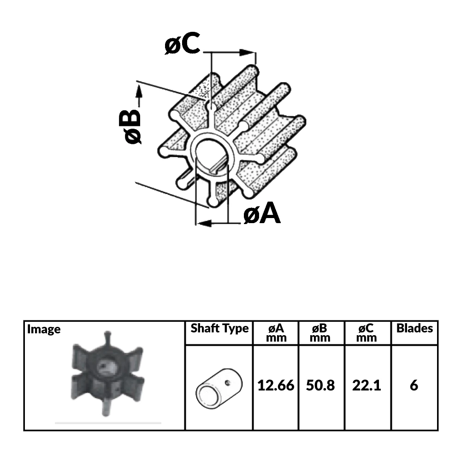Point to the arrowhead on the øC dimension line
pyautogui.click(x=249, y=53)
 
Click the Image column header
pyautogui.click(x=44, y=329)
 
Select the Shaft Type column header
pyautogui.click(x=219, y=329)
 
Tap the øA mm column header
pyautogui.click(x=276, y=333)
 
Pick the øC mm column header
pyautogui.click(x=366, y=333)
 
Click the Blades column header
pyautogui.click(x=414, y=328)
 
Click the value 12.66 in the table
pyautogui.click(x=276, y=385)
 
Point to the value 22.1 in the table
pyautogui.click(x=366, y=385)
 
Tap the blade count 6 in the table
pyautogui.click(x=414, y=385)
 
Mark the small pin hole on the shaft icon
pyautogui.click(x=227, y=381)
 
